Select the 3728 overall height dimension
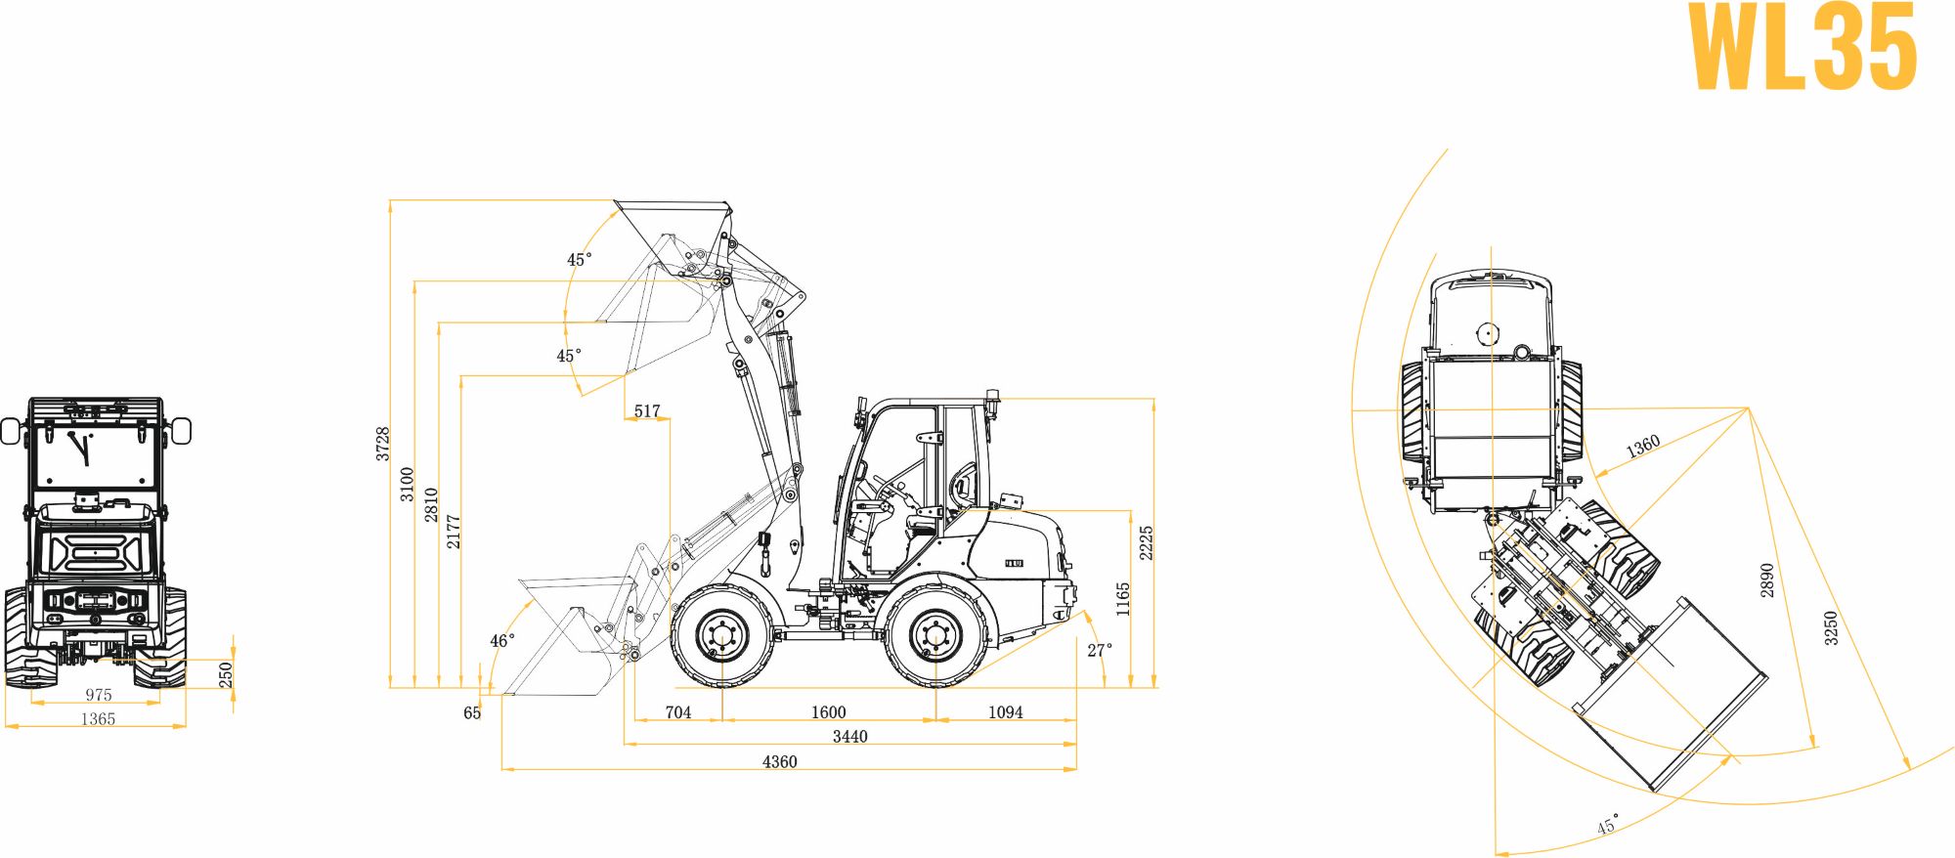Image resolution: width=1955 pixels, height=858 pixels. click(x=383, y=444)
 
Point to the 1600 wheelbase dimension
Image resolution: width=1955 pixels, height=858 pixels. click(x=828, y=712)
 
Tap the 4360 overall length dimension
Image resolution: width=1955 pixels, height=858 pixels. click(x=779, y=761)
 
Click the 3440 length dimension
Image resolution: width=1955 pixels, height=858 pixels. click(x=849, y=737)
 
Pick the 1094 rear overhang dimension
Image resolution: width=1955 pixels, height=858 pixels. click(x=1005, y=712)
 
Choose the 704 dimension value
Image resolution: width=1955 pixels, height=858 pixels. click(x=677, y=712)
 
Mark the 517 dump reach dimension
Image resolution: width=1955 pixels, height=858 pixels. click(x=647, y=411)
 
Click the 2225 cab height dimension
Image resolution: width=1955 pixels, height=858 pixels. click(x=1147, y=543)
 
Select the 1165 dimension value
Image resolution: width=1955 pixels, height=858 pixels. click(x=1123, y=599)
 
